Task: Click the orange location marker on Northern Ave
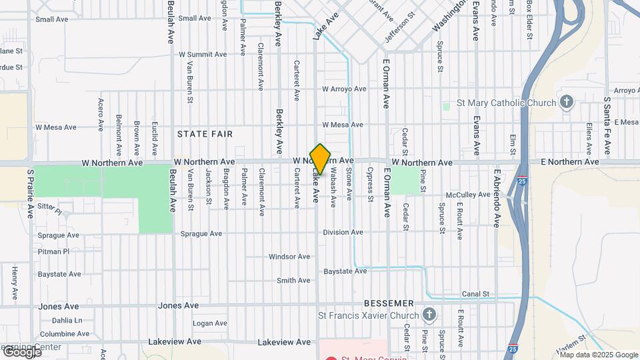click(x=320, y=159)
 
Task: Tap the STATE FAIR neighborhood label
click(x=205, y=134)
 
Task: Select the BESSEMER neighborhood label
click(x=389, y=303)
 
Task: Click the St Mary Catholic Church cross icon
click(x=567, y=103)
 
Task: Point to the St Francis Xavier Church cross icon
click(x=430, y=315)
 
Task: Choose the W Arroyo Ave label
click(x=344, y=89)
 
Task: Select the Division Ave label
click(x=343, y=232)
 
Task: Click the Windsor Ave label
click(x=289, y=257)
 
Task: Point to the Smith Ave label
click(x=293, y=281)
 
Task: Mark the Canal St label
click(x=475, y=293)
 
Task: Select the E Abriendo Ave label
click(x=497, y=198)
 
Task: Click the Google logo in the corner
click(x=22, y=351)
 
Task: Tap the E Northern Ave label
click(x=570, y=162)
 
